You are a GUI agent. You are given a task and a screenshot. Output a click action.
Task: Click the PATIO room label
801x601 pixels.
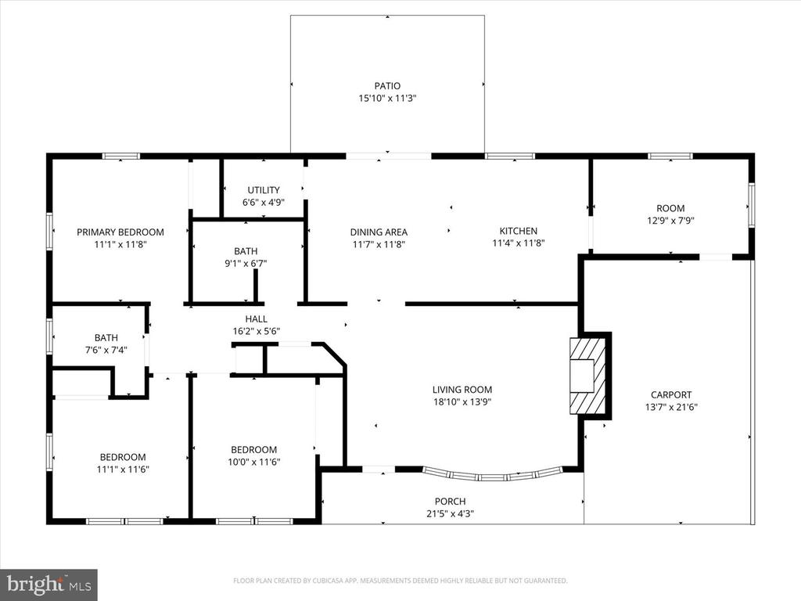tap(386, 86)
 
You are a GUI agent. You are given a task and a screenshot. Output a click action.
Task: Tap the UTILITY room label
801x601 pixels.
tap(264, 190)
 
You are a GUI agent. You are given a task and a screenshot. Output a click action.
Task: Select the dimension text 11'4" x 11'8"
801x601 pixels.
tap(518, 243)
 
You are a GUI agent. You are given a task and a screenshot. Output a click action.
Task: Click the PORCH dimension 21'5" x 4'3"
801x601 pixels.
tap(450, 514)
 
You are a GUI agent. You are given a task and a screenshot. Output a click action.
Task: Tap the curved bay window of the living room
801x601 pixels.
tap(493, 474)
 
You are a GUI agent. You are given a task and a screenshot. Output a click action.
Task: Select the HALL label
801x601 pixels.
tap(256, 319)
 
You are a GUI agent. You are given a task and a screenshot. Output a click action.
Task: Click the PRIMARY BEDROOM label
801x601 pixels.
tap(120, 232)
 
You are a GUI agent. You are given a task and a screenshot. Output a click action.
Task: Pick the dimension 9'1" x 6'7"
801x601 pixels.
tap(245, 264)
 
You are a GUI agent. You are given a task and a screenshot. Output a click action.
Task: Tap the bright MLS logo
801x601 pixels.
tap(48, 584)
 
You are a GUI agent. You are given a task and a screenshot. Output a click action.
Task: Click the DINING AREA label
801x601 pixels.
tap(379, 232)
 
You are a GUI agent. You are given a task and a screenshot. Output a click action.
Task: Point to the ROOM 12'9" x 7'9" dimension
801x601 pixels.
tap(670, 221)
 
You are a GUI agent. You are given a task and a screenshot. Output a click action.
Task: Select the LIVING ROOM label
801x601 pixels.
tap(462, 390)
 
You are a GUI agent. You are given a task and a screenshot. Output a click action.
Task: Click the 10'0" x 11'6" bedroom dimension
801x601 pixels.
tap(253, 462)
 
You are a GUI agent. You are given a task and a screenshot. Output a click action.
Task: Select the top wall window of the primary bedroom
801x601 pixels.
tap(120, 157)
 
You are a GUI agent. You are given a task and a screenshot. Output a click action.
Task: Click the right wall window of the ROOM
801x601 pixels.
tap(751, 206)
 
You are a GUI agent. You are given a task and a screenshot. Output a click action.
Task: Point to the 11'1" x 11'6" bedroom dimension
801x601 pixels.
tap(122, 470)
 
